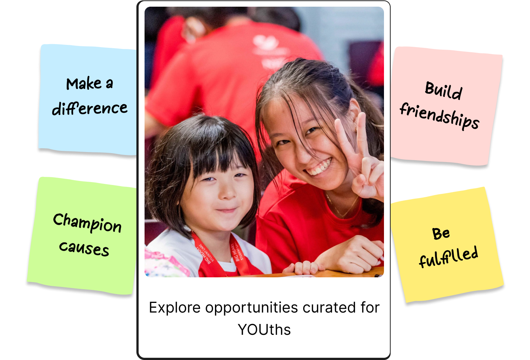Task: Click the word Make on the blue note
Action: pyautogui.click(x=84, y=83)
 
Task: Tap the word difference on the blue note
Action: pyautogui.click(x=90, y=108)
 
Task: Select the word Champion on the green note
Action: pyautogui.click(x=87, y=223)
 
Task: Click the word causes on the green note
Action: pyautogui.click(x=84, y=249)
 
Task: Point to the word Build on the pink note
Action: pyautogui.click(x=443, y=90)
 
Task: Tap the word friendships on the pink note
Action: pyautogui.click(x=440, y=116)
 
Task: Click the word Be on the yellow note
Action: pyautogui.click(x=441, y=234)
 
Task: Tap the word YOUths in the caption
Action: pyautogui.click(x=264, y=330)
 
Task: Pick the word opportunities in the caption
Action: pyautogui.click(x=252, y=308)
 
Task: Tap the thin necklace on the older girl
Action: pyautogui.click(x=341, y=206)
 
